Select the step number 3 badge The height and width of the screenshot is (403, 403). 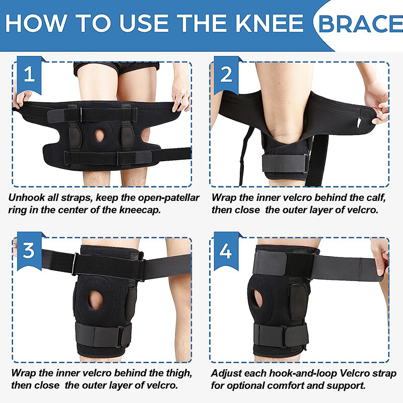click(x=28, y=249)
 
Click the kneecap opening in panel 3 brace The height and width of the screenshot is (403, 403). click(x=95, y=301)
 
